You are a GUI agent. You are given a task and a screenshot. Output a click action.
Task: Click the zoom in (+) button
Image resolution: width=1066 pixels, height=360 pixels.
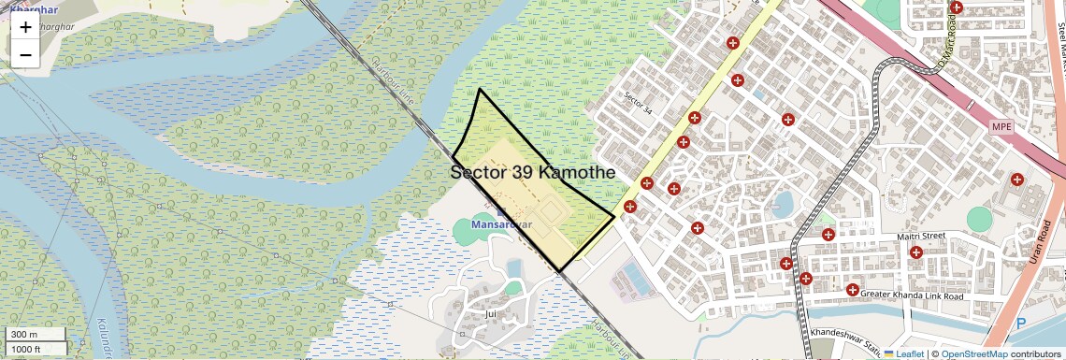25,27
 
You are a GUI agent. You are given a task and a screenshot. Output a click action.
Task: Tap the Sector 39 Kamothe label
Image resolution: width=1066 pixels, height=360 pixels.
532,173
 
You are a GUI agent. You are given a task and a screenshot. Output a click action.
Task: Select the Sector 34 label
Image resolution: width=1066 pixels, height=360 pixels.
637,102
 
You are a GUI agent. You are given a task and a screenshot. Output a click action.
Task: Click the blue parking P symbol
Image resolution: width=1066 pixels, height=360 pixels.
1020,324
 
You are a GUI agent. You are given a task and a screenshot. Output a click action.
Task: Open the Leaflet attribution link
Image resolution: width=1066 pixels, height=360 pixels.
903,353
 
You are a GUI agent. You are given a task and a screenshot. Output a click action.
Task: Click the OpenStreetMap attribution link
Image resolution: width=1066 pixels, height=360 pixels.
973,353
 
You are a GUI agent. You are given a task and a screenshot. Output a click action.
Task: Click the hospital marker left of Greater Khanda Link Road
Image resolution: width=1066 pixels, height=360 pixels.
852,290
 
